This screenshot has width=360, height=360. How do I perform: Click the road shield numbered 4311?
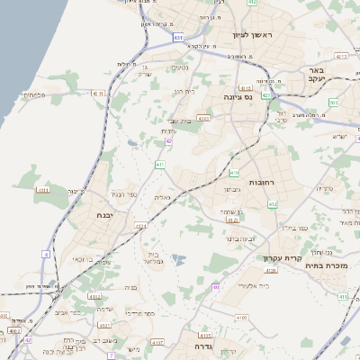(x=41, y=190)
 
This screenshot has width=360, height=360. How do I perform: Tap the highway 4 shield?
(x=45, y=254)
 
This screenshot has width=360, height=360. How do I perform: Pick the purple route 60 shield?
(x=216, y=287)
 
